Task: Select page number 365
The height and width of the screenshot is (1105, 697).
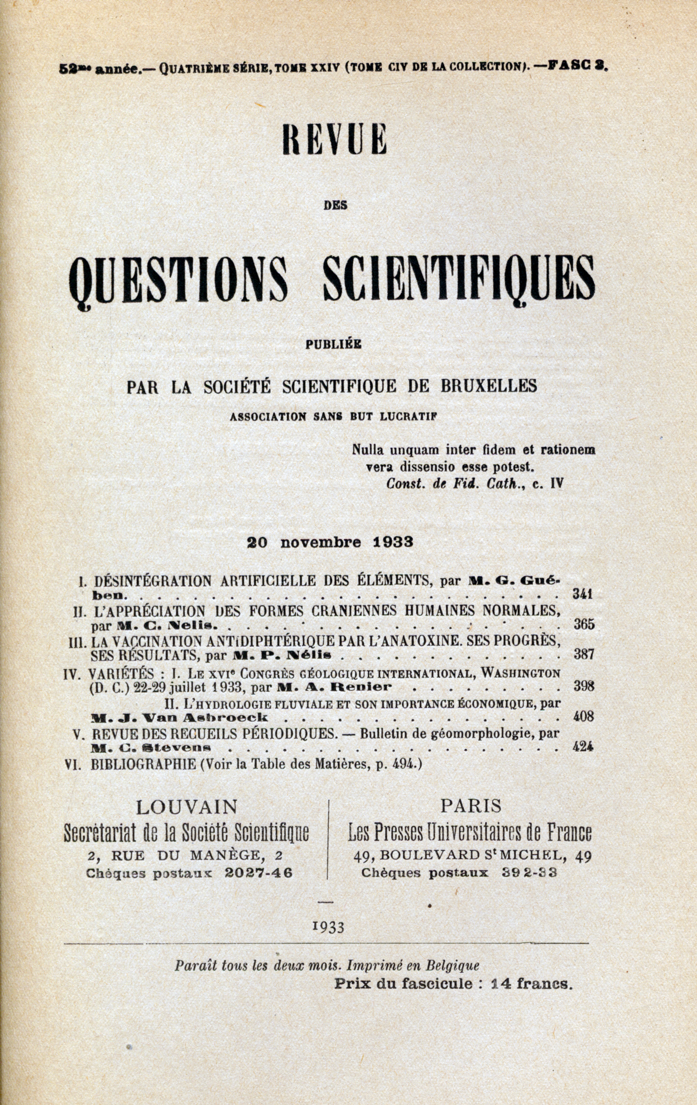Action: click(584, 625)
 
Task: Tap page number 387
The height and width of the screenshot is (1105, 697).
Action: click(584, 655)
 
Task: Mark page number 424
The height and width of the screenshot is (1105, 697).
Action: click(583, 747)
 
